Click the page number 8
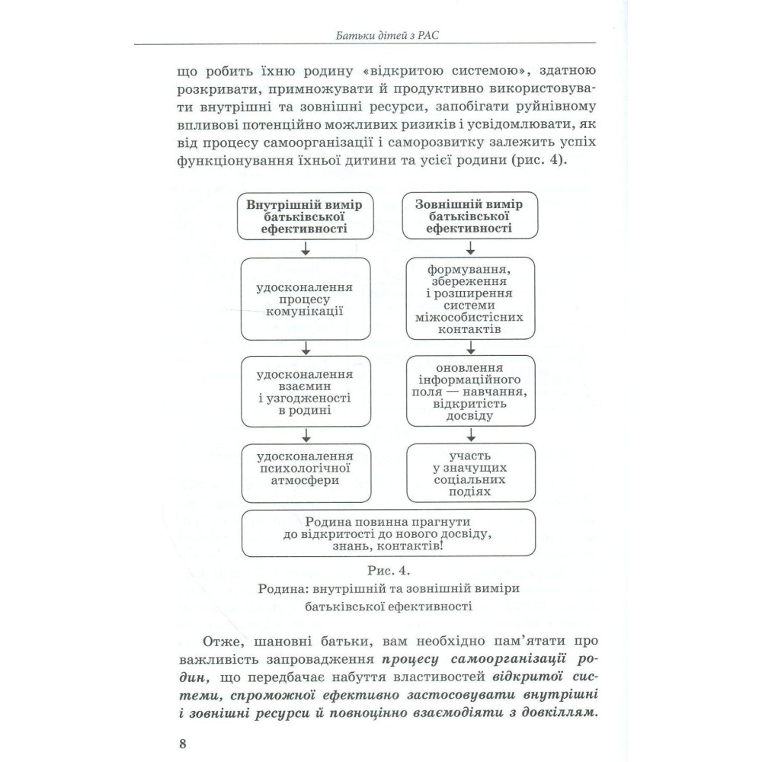click(183, 744)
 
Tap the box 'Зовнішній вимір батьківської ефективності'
click(469, 216)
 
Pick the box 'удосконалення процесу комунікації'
click(305, 299)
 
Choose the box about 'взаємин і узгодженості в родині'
click(305, 391)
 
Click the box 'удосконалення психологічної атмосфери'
click(305, 470)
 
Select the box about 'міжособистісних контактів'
click(469, 299)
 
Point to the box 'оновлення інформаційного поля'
click(469, 391)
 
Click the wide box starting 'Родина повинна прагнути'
click(387, 534)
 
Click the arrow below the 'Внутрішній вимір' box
click(305, 249)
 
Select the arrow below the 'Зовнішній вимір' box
click(469, 249)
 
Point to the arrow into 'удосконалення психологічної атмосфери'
click(305, 435)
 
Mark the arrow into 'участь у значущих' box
click(469, 435)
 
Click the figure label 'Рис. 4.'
click(387, 570)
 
